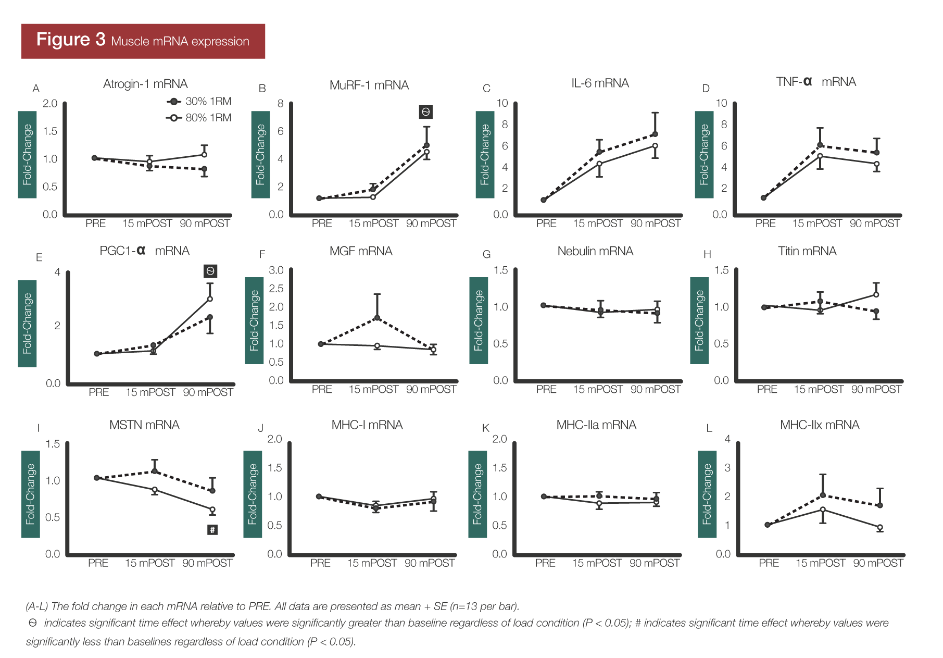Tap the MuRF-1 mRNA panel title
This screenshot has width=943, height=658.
(369, 85)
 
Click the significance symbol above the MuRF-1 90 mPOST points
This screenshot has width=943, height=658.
(425, 112)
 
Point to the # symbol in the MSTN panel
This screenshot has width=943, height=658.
(212, 530)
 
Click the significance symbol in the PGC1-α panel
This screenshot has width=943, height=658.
(210, 271)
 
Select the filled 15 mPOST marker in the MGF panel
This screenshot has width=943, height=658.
(377, 318)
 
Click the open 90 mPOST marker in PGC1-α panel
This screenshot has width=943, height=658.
(210, 299)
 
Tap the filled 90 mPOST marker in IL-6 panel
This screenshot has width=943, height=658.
(655, 134)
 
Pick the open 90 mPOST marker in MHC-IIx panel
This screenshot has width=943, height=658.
(880, 528)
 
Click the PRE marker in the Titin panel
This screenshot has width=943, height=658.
(764, 307)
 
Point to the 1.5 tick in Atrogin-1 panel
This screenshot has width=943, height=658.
(50, 131)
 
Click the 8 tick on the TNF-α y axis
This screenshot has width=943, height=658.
(724, 125)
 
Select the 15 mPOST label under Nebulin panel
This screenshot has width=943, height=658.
(598, 390)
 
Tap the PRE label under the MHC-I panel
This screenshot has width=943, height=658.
(320, 563)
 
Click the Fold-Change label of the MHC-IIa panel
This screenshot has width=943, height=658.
(477, 494)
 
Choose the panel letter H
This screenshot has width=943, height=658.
(707, 255)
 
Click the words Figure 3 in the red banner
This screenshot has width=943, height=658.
(71, 40)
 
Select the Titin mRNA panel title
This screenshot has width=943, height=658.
(807, 252)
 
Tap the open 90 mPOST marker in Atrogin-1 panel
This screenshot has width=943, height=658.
(204, 155)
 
